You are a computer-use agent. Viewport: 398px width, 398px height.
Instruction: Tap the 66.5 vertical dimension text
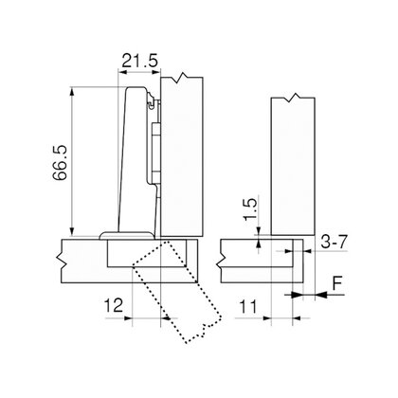[x=59, y=160]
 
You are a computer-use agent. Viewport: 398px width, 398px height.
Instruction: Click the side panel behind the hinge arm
[x=182, y=156]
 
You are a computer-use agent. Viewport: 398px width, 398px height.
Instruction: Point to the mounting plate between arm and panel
[x=154, y=142]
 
